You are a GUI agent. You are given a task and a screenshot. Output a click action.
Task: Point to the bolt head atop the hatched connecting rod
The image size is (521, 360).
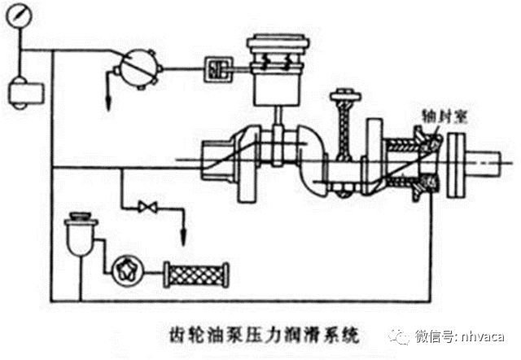[x=343, y=102]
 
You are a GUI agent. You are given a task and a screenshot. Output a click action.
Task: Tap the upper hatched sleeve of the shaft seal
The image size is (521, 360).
[x=403, y=147]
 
